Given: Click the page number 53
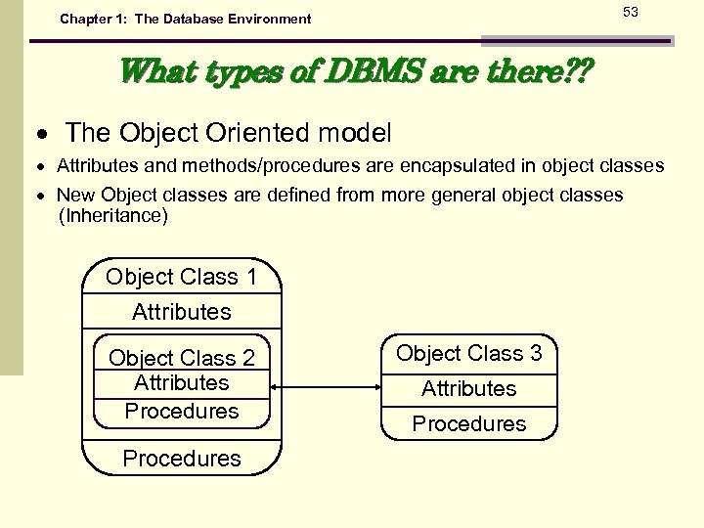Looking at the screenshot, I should [630, 12].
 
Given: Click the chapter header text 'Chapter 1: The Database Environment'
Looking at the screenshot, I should [185, 19].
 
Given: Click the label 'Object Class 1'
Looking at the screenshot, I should [181, 277].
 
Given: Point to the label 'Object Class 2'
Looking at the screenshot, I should [181, 359].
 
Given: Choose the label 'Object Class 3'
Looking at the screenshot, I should [468, 353].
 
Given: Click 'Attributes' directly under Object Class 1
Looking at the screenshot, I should [181, 312].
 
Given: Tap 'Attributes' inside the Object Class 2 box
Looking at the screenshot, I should [181, 383].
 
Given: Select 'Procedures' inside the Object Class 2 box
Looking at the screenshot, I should [181, 411].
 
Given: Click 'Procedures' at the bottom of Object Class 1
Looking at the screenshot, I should [181, 458].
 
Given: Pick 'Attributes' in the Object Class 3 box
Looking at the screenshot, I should [468, 388].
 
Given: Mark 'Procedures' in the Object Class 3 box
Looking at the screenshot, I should [468, 423].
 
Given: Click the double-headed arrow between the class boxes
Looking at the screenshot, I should [324, 388].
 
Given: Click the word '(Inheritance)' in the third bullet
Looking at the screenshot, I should [113, 216].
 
